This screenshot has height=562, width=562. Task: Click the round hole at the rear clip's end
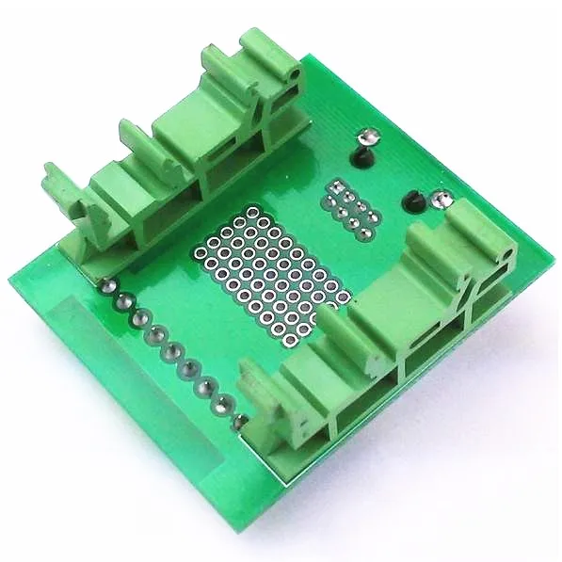(296, 72)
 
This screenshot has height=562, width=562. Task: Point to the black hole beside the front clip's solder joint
(412, 200)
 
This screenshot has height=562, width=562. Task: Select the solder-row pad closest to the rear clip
(110, 285)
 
